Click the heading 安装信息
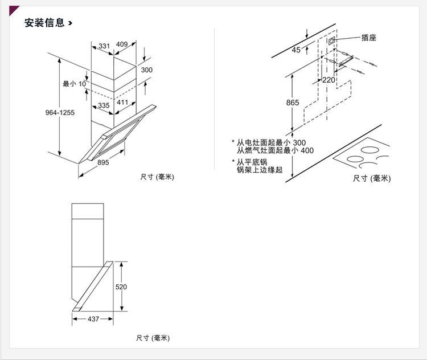click(x=44, y=23)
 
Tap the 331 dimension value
click(x=104, y=46)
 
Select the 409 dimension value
click(x=122, y=44)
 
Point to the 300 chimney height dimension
click(x=146, y=70)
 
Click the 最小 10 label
click(x=74, y=84)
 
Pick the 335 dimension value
click(x=103, y=105)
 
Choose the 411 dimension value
click(x=122, y=103)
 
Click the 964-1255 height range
click(x=60, y=113)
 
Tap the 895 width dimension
click(x=103, y=162)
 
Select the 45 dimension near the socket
click(x=296, y=50)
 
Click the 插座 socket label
click(x=368, y=38)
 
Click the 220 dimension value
click(x=329, y=80)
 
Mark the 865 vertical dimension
click(x=293, y=103)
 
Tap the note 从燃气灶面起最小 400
click(x=275, y=151)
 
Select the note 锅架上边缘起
click(x=260, y=170)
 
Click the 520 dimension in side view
click(x=121, y=287)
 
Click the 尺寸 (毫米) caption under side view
click(x=153, y=338)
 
